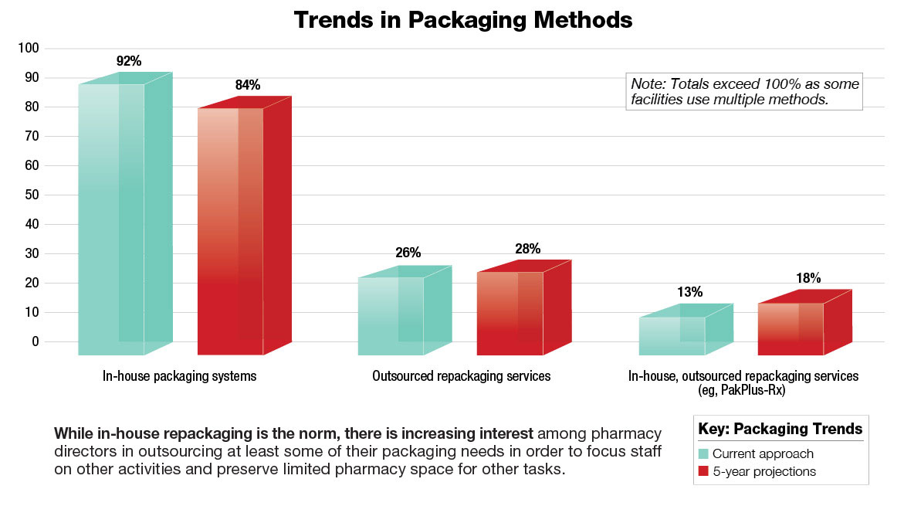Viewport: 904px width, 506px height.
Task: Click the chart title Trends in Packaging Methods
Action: click(462, 20)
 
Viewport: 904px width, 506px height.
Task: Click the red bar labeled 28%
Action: click(510, 313)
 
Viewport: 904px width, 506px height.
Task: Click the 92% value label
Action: click(128, 60)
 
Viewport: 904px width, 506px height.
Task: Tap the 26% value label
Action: click(408, 253)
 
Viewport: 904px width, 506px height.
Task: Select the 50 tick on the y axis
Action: click(32, 195)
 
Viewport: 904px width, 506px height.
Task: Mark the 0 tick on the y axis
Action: click(36, 341)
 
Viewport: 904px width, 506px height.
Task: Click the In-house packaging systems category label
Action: click(179, 376)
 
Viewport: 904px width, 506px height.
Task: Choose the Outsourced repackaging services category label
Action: click(461, 376)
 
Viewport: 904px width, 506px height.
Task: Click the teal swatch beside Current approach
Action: click(703, 454)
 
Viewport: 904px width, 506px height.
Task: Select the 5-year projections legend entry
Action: click(763, 471)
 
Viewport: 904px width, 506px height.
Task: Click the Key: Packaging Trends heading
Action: click(780, 429)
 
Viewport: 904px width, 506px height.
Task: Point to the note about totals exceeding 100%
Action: click(744, 92)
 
